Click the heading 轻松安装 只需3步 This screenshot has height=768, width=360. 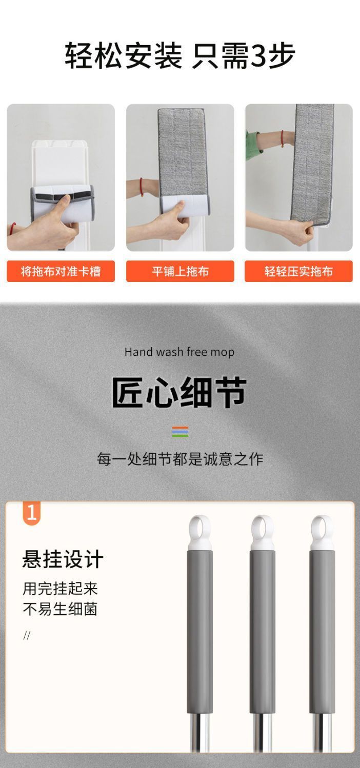[180, 55]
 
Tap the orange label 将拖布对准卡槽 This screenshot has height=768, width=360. [61, 271]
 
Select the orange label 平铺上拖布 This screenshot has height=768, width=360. [180, 271]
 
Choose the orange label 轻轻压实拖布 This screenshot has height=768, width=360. [298, 271]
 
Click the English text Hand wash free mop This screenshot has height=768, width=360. [179, 352]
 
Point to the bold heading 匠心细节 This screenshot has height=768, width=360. [179, 392]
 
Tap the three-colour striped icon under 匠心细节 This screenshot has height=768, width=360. [180, 431]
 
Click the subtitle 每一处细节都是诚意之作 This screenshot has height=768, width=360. [180, 459]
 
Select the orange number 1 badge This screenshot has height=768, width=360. [32, 513]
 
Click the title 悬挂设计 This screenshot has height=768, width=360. [63, 559]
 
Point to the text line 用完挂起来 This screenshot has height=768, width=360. [61, 589]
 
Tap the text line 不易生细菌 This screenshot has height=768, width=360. [61, 609]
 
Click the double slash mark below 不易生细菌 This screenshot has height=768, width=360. [27, 635]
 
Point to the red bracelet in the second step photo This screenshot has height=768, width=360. [141, 187]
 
